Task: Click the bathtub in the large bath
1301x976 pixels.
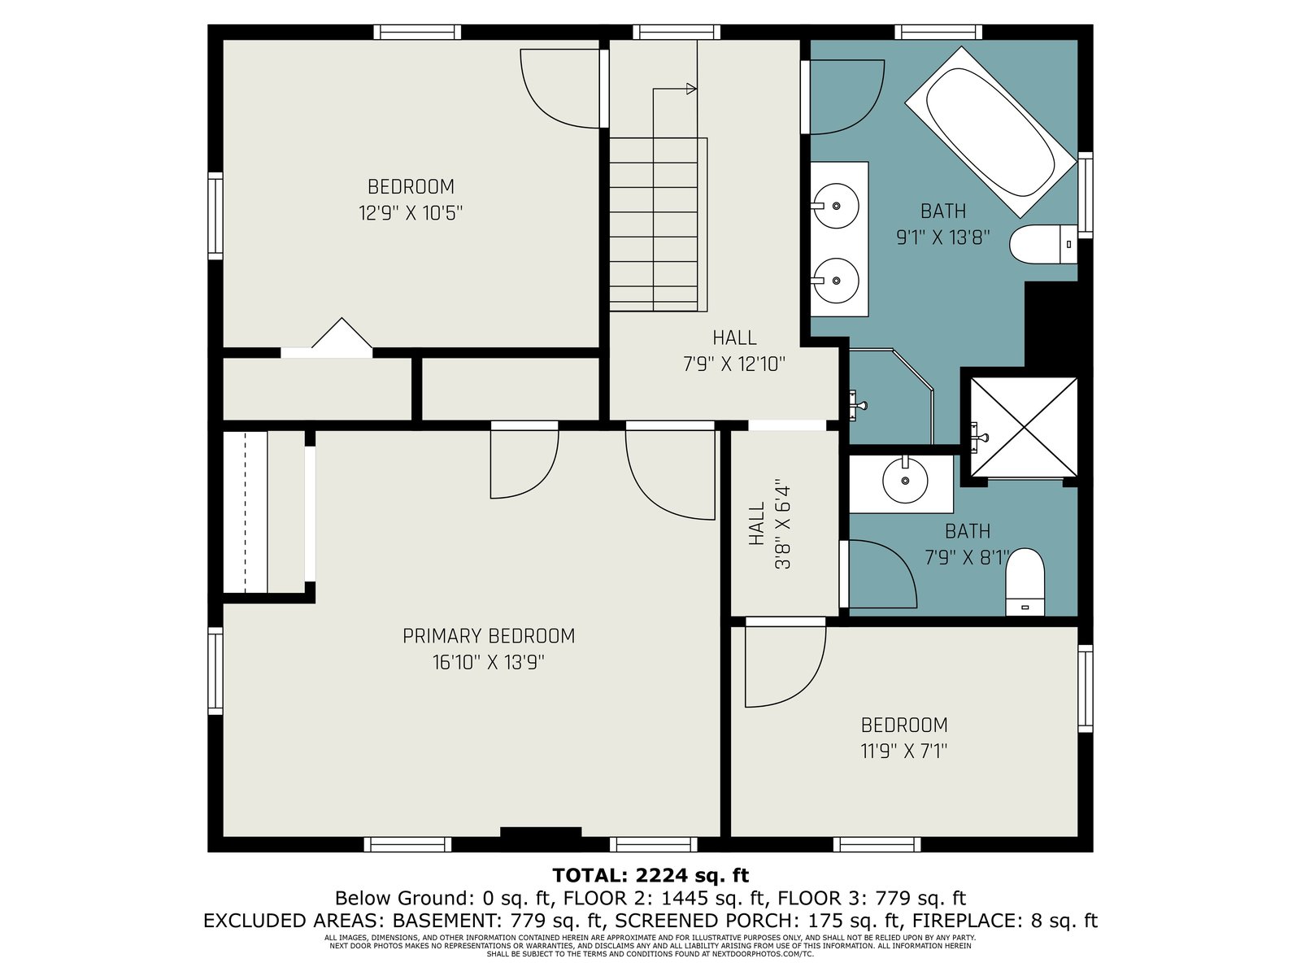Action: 990,132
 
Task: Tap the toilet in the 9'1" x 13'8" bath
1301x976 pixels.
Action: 1043,244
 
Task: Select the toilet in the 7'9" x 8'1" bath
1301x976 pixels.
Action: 1025,582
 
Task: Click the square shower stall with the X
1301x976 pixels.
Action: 1024,427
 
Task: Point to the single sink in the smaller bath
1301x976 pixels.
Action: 905,480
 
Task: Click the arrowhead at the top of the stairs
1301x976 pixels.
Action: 691,89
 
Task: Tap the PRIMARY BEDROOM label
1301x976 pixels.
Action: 489,636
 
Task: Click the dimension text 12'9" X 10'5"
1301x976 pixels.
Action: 410,213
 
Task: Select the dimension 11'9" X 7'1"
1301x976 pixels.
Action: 904,752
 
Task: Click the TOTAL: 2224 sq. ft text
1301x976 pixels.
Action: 650,875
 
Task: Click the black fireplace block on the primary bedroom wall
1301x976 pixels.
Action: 541,832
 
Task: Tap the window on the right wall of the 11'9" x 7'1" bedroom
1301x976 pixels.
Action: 1086,689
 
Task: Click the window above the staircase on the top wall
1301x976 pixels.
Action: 677,32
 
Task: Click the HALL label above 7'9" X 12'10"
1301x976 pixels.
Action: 734,338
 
